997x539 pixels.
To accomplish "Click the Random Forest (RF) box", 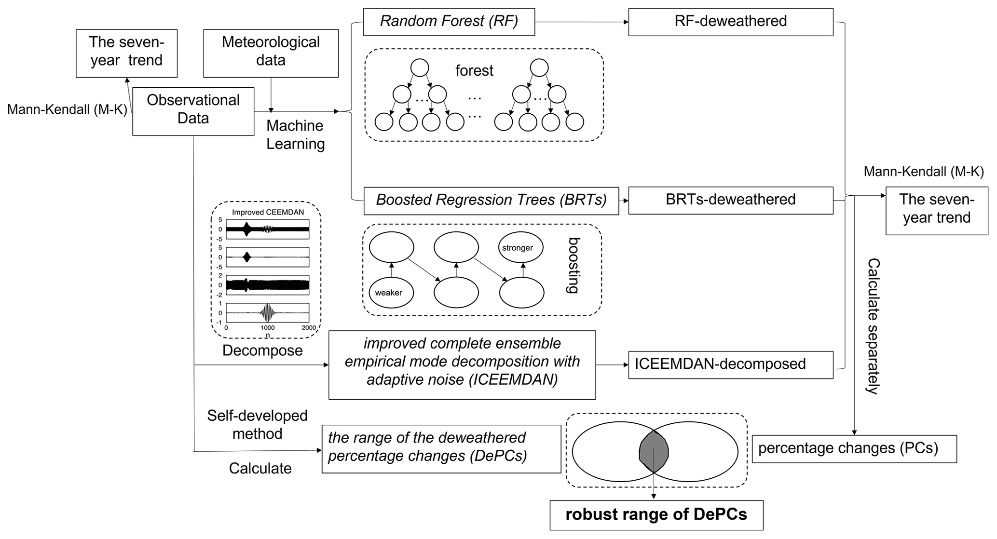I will (x=449, y=22).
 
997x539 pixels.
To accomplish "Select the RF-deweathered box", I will (x=730, y=22).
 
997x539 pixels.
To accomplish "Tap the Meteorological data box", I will (x=271, y=53).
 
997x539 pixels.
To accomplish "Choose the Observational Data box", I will (x=193, y=111).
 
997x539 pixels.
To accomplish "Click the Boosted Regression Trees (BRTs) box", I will (x=491, y=201).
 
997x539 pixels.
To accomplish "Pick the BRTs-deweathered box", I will (x=730, y=200).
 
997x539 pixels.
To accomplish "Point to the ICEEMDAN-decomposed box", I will (x=730, y=364).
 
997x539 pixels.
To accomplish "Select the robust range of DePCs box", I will (x=656, y=515).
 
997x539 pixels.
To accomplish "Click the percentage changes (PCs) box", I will (x=854, y=449).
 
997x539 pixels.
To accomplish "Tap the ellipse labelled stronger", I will (x=520, y=248).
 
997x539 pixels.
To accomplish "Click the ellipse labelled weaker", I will (x=391, y=293).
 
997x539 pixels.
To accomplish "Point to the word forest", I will (x=474, y=71).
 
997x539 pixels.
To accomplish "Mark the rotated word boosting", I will (x=573, y=265).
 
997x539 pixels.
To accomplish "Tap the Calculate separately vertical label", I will (x=874, y=326).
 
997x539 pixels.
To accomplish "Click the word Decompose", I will (x=262, y=350).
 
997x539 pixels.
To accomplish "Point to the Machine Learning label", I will (x=295, y=135).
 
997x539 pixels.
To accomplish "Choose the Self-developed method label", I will (x=257, y=425).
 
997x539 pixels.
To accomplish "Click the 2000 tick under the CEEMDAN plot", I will (x=309, y=328).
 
